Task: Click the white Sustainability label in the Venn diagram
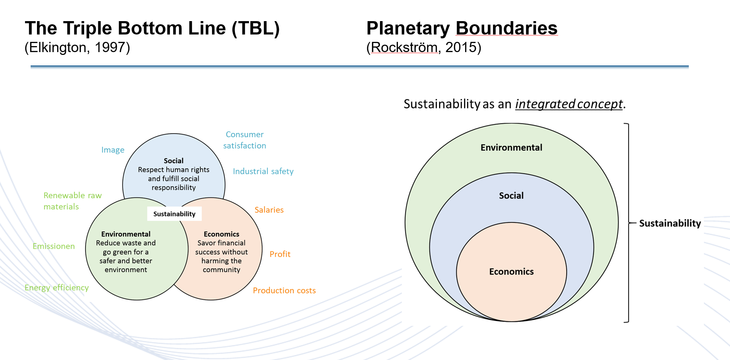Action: (174, 214)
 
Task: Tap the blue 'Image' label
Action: (113, 150)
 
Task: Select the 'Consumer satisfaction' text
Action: (245, 140)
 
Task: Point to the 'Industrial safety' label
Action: (263, 171)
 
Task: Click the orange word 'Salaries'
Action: (269, 210)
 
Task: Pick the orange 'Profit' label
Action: (280, 254)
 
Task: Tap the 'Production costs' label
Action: (284, 291)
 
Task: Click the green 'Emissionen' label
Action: (54, 246)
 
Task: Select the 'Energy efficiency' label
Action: (57, 288)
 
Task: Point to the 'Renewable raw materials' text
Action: (72, 201)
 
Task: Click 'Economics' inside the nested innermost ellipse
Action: (511, 272)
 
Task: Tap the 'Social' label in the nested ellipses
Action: (511, 196)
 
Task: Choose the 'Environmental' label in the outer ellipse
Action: (511, 147)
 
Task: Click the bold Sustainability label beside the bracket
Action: (670, 223)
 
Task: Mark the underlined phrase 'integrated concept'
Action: (569, 104)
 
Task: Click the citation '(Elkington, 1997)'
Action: (77, 48)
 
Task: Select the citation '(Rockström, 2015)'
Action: (424, 48)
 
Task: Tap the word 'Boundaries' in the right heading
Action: (506, 28)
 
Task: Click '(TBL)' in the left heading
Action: (256, 28)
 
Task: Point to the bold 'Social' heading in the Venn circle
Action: (174, 161)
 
